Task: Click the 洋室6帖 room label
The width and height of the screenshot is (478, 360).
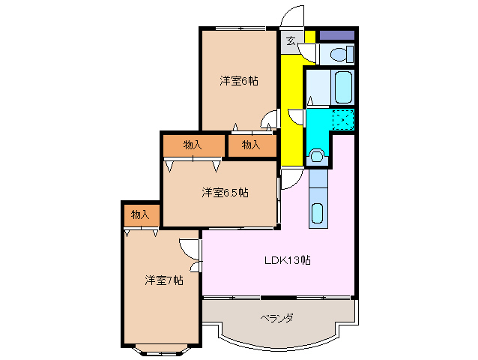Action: point(238,80)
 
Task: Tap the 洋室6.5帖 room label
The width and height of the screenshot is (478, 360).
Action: point(224,193)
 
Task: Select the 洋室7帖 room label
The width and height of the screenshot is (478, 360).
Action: point(164,280)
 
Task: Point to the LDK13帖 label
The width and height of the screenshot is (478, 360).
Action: point(287,260)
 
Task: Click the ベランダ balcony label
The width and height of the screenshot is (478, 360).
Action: point(276,318)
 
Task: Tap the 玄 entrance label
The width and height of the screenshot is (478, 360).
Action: point(291,40)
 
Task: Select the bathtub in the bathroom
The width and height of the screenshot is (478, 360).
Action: point(344,87)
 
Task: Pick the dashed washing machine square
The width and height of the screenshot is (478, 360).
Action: point(343,119)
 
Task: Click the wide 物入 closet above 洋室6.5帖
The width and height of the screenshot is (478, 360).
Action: point(193,145)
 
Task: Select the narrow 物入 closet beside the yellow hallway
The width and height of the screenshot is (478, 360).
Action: point(251,145)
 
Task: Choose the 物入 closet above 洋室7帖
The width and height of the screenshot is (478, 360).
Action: point(140,214)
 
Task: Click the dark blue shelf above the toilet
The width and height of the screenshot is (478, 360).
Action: point(336,34)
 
